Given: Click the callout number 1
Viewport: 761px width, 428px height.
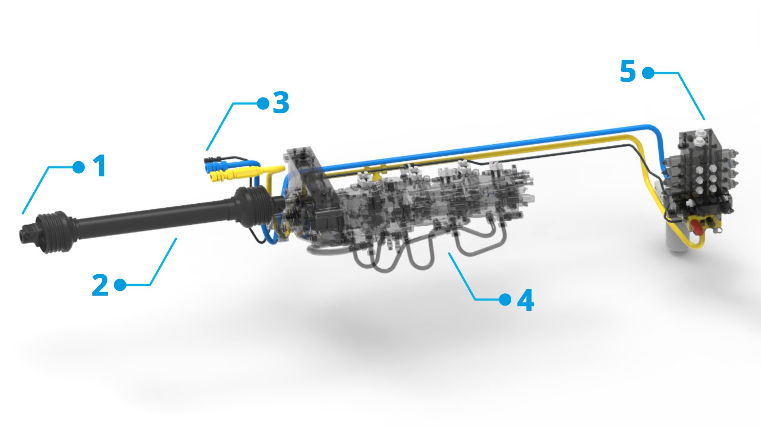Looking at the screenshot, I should (99, 166).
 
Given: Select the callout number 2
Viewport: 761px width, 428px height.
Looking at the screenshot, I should (100, 285).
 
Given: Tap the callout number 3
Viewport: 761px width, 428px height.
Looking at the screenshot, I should (281, 103).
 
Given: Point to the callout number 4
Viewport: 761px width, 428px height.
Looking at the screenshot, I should (525, 300).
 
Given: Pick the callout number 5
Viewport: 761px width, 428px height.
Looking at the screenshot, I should (628, 72).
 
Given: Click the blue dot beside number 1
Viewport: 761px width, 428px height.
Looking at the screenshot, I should (79, 167).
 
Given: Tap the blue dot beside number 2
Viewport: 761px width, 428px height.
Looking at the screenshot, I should (120, 285).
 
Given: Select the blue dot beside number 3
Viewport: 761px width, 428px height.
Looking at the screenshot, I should (263, 103).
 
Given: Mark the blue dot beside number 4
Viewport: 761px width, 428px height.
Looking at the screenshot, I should (505, 300).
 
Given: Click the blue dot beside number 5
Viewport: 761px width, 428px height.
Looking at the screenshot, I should (648, 73).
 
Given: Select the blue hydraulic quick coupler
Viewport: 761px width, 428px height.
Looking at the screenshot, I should (214, 163).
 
